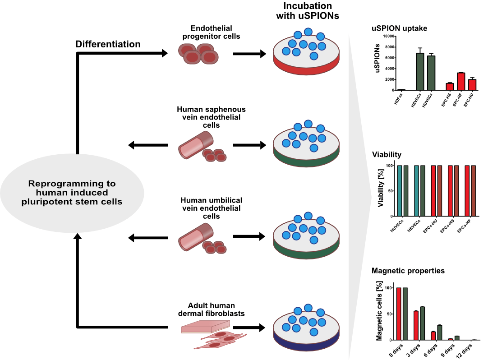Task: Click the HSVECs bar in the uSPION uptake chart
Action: (420, 72)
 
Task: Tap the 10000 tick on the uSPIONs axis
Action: (387, 36)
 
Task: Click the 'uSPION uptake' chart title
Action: (399, 28)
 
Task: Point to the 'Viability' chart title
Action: (387, 155)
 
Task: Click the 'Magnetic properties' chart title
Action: (408, 271)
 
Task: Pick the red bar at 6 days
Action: (433, 336)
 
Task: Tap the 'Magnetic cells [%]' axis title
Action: (379, 311)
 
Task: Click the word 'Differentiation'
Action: (108, 44)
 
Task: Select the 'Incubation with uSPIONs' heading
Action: (311, 11)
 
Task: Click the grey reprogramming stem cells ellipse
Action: (72, 192)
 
